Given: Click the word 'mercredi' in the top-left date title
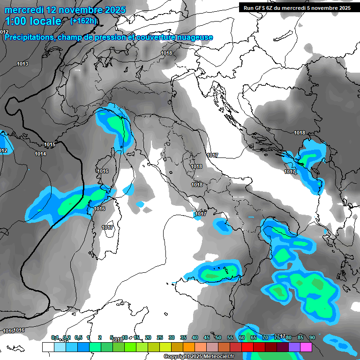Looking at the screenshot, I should pos(23,9).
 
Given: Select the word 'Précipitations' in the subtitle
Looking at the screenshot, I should pos(29,37).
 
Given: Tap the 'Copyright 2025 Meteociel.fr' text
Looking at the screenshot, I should pos(199,357).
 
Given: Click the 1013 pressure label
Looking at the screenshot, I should pos(22,64).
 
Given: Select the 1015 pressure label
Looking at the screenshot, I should pos(50,144).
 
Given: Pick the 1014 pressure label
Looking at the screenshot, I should pos(40,154).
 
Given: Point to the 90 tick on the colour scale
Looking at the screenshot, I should pos(312,337).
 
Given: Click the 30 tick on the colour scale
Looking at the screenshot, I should pos(172,337).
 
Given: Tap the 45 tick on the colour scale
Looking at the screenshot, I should pos(207,337).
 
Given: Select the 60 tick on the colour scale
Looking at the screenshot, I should pos(242,337).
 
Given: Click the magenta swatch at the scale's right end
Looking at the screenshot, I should pos(306,347).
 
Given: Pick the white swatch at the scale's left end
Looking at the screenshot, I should pos(48,347).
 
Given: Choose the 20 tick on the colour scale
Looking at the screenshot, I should pos(148,337).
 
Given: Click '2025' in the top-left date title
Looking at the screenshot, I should pos(111,9).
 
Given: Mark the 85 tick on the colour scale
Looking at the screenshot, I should pos(300,337).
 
